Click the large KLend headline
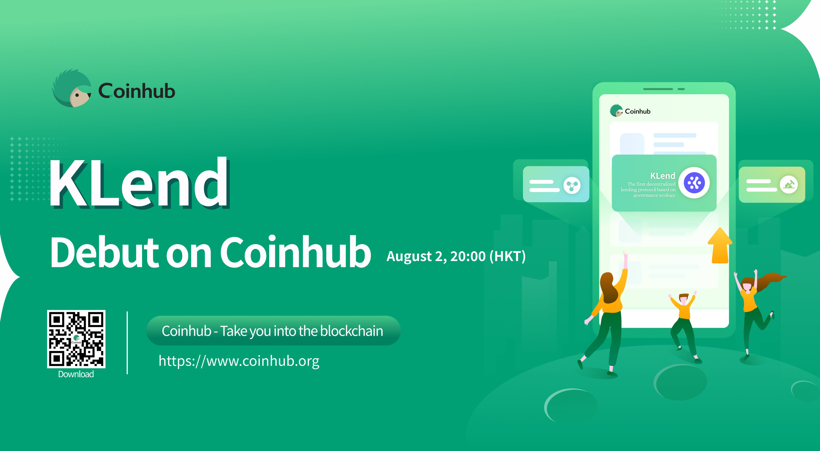pos(139,183)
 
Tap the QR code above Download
pos(76,339)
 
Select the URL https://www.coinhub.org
pos(239,361)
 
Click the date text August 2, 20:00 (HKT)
pos(456,256)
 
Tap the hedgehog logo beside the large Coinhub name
pos(72,88)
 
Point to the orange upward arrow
pos(720,246)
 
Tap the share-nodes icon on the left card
pos(572,185)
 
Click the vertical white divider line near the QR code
pos(127,343)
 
